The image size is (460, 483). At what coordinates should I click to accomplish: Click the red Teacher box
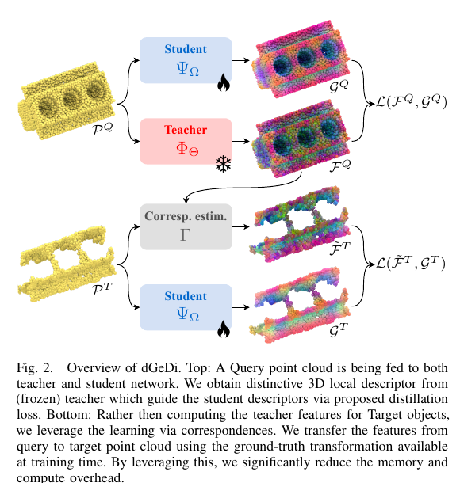(186, 141)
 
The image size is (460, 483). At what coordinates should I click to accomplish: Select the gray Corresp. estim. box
(186, 226)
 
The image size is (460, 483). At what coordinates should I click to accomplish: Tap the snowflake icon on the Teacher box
(224, 164)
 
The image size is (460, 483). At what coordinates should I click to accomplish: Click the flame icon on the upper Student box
(224, 82)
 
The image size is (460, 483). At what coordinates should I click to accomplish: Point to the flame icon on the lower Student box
(224, 329)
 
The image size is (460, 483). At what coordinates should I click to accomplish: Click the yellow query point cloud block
(67, 100)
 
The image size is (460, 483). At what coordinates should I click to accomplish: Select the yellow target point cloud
(67, 264)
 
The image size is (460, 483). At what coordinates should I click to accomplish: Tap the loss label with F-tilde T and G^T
(411, 263)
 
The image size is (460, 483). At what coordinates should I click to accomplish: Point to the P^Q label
(103, 128)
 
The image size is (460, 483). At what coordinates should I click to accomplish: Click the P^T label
(102, 289)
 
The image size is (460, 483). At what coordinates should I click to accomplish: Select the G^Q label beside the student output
(339, 86)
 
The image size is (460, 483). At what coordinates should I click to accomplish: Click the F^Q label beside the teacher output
(340, 166)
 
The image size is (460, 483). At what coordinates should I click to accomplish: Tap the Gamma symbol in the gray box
(185, 234)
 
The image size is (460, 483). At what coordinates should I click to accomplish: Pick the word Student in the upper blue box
(186, 49)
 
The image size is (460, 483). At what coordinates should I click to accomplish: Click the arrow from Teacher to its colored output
(240, 141)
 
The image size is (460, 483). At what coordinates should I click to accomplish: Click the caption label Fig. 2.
(35, 368)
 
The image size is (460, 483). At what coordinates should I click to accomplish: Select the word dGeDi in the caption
(159, 368)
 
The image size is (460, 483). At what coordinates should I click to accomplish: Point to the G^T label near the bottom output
(339, 330)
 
